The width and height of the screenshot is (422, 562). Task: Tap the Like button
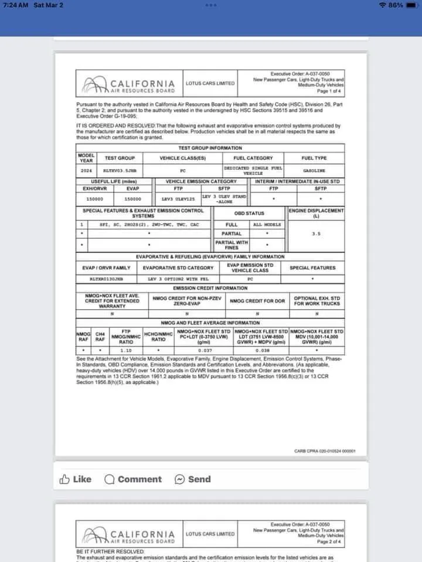[76, 479]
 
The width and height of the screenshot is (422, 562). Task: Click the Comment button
[133, 479]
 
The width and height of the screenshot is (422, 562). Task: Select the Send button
[193, 479]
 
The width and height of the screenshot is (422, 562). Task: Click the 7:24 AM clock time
[16, 5]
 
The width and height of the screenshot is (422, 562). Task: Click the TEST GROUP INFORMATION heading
[210, 148]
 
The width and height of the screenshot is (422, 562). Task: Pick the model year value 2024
[86, 170]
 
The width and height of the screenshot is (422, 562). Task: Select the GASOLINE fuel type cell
[314, 170]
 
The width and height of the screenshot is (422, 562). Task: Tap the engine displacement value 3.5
[316, 234]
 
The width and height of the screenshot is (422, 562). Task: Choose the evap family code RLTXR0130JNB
[106, 279]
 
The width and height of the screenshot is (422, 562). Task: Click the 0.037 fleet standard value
[205, 350]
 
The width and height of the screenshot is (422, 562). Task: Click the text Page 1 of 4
[331, 91]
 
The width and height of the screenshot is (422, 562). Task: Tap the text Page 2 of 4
[331, 542]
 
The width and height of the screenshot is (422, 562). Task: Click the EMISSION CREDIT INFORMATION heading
[210, 288]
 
